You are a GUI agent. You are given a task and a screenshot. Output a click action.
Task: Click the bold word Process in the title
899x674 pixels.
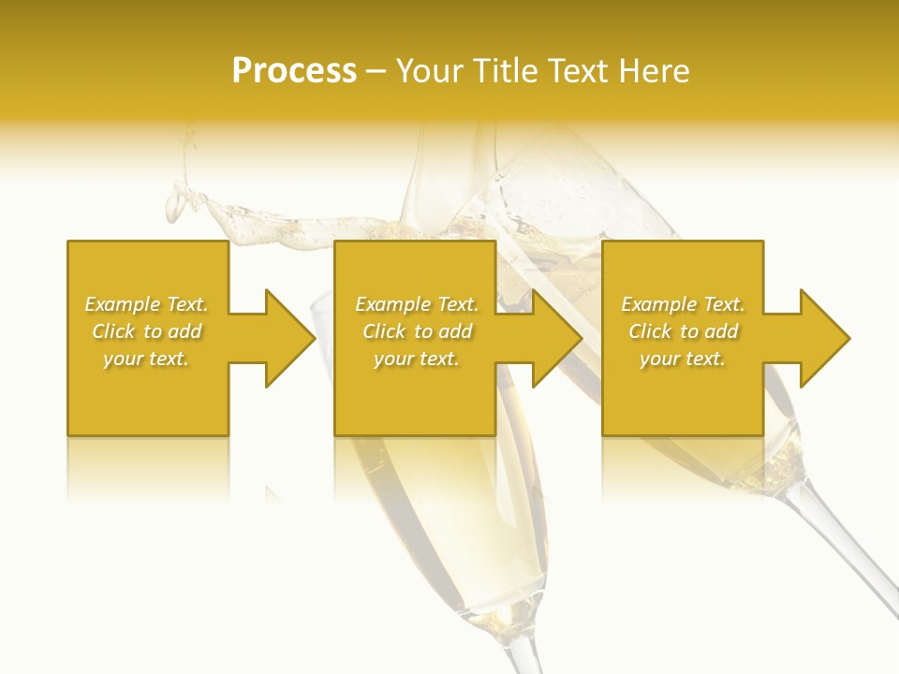click(x=294, y=71)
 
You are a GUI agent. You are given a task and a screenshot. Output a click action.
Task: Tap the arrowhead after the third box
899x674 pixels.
click(x=823, y=338)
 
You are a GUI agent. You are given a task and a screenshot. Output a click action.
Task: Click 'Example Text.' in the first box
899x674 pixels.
click(x=146, y=304)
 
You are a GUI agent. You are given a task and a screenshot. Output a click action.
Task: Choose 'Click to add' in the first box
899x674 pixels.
click(x=146, y=331)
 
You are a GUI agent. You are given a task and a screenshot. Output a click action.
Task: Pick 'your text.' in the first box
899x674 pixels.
click(x=146, y=359)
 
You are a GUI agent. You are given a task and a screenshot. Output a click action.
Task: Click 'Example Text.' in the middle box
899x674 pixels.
click(x=417, y=304)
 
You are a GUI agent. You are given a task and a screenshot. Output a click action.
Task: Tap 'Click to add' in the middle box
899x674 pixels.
click(x=417, y=331)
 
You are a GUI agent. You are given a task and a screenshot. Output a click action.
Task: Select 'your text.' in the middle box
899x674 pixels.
click(x=417, y=359)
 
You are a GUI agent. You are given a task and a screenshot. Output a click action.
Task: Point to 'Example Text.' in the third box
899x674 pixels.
click(x=683, y=304)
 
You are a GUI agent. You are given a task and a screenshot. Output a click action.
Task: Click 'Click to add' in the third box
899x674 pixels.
click(x=683, y=331)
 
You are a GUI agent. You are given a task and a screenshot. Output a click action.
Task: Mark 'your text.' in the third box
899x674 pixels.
click(x=683, y=359)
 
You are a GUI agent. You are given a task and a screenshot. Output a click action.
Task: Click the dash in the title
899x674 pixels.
click(x=376, y=72)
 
